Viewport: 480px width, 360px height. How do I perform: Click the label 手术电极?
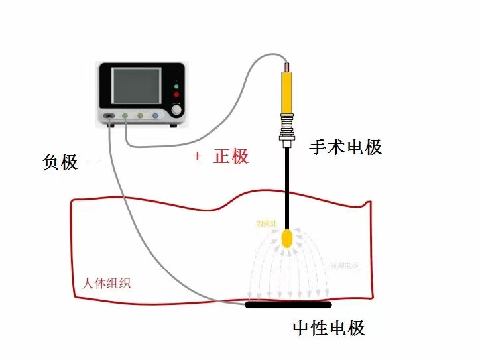click(x=345, y=147)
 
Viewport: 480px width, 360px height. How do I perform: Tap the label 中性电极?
click(x=329, y=328)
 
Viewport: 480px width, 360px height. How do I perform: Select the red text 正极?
click(x=231, y=156)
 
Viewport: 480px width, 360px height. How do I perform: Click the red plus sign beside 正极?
click(x=197, y=156)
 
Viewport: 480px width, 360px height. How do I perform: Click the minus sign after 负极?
click(x=92, y=162)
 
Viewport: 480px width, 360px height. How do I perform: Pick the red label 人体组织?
click(x=107, y=283)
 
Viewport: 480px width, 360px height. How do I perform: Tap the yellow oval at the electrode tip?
click(x=288, y=239)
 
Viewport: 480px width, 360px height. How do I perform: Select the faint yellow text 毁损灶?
click(x=267, y=224)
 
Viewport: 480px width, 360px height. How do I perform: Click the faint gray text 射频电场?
click(x=345, y=265)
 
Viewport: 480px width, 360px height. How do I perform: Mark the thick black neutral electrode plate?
click(x=288, y=305)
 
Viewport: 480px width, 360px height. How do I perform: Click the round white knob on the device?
click(x=176, y=106)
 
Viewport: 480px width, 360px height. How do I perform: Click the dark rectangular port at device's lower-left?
click(x=109, y=117)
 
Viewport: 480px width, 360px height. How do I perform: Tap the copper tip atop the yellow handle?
click(x=287, y=66)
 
